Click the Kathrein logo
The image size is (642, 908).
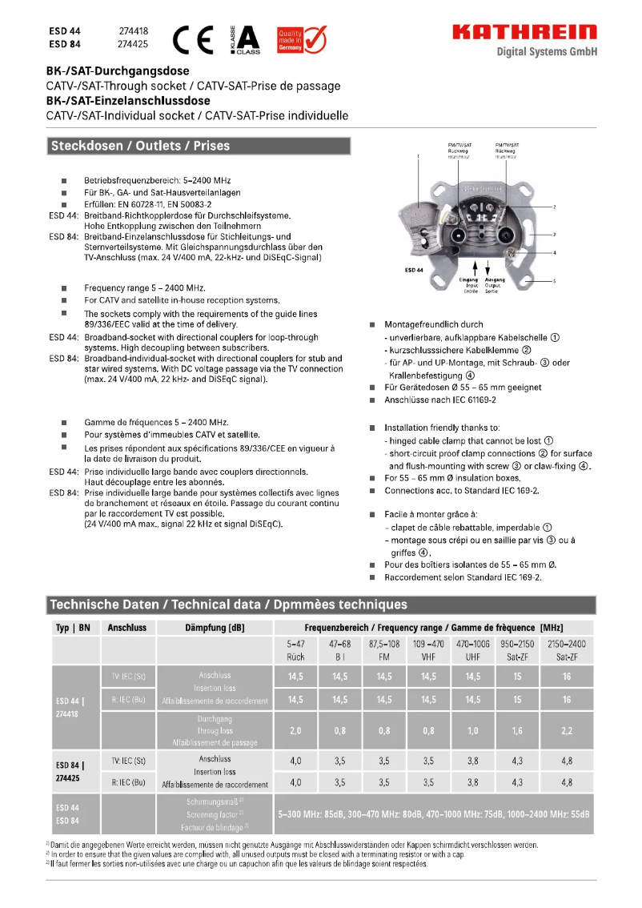point(524,32)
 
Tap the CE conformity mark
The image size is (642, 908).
point(196,38)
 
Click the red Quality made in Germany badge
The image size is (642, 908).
point(301,38)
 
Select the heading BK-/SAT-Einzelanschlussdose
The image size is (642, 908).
point(128,101)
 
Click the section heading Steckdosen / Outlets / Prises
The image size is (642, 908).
point(140,146)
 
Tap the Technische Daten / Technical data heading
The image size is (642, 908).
point(228,605)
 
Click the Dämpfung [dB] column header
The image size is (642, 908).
point(215,628)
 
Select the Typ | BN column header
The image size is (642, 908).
point(72,628)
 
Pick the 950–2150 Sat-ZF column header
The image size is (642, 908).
point(517,650)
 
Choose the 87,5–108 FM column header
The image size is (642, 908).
point(384,650)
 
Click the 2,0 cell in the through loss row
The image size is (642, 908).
point(295,731)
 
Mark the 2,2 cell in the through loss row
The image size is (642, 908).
point(567,731)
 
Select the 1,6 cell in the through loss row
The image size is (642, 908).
point(517,731)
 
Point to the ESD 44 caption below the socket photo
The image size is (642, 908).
point(415,270)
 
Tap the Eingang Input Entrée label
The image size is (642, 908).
point(469,285)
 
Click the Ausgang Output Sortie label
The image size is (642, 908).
point(495,285)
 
